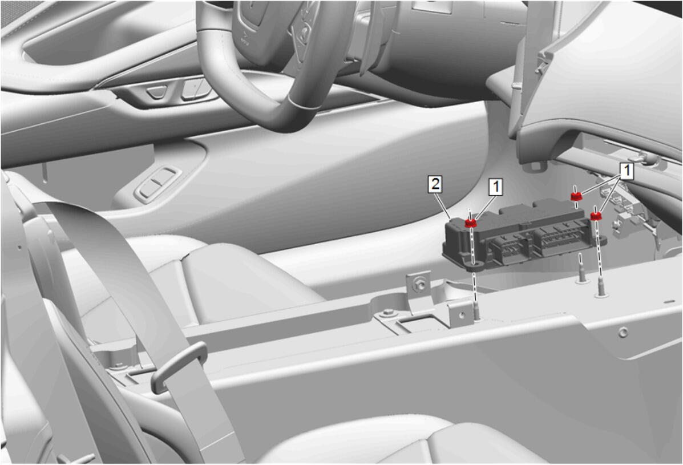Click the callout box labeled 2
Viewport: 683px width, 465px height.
(x=435, y=184)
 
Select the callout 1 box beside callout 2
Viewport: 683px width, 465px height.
(x=495, y=187)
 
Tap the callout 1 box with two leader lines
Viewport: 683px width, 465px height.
(x=627, y=171)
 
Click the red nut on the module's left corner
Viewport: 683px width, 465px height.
(x=470, y=223)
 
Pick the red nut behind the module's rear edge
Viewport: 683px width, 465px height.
(x=576, y=196)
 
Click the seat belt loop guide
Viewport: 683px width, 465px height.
(x=178, y=366)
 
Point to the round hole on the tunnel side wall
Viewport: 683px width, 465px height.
(x=624, y=332)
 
